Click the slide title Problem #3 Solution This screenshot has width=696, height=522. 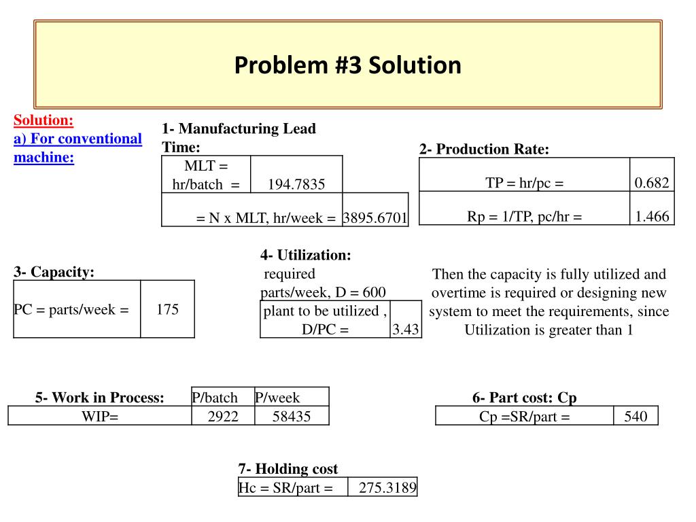(x=347, y=65)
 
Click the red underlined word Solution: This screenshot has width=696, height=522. (x=43, y=120)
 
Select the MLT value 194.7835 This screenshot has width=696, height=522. (x=296, y=184)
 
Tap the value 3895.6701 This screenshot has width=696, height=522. (x=375, y=218)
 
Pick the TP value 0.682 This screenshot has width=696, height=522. (x=652, y=182)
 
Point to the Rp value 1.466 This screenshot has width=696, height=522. (x=652, y=216)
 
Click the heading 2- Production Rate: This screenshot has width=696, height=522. (x=484, y=150)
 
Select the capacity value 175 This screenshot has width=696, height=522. (x=167, y=310)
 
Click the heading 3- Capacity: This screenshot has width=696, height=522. (x=54, y=272)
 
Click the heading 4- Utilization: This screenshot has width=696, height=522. (x=306, y=255)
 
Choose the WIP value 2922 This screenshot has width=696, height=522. (x=224, y=417)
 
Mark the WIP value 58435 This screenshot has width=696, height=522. (x=291, y=417)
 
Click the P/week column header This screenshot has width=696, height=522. (x=277, y=398)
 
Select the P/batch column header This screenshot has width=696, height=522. (x=215, y=398)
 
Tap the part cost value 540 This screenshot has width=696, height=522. (x=636, y=417)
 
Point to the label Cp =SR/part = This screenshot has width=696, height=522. (x=524, y=417)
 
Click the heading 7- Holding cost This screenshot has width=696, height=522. (x=288, y=469)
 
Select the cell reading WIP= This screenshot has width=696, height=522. (x=99, y=417)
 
